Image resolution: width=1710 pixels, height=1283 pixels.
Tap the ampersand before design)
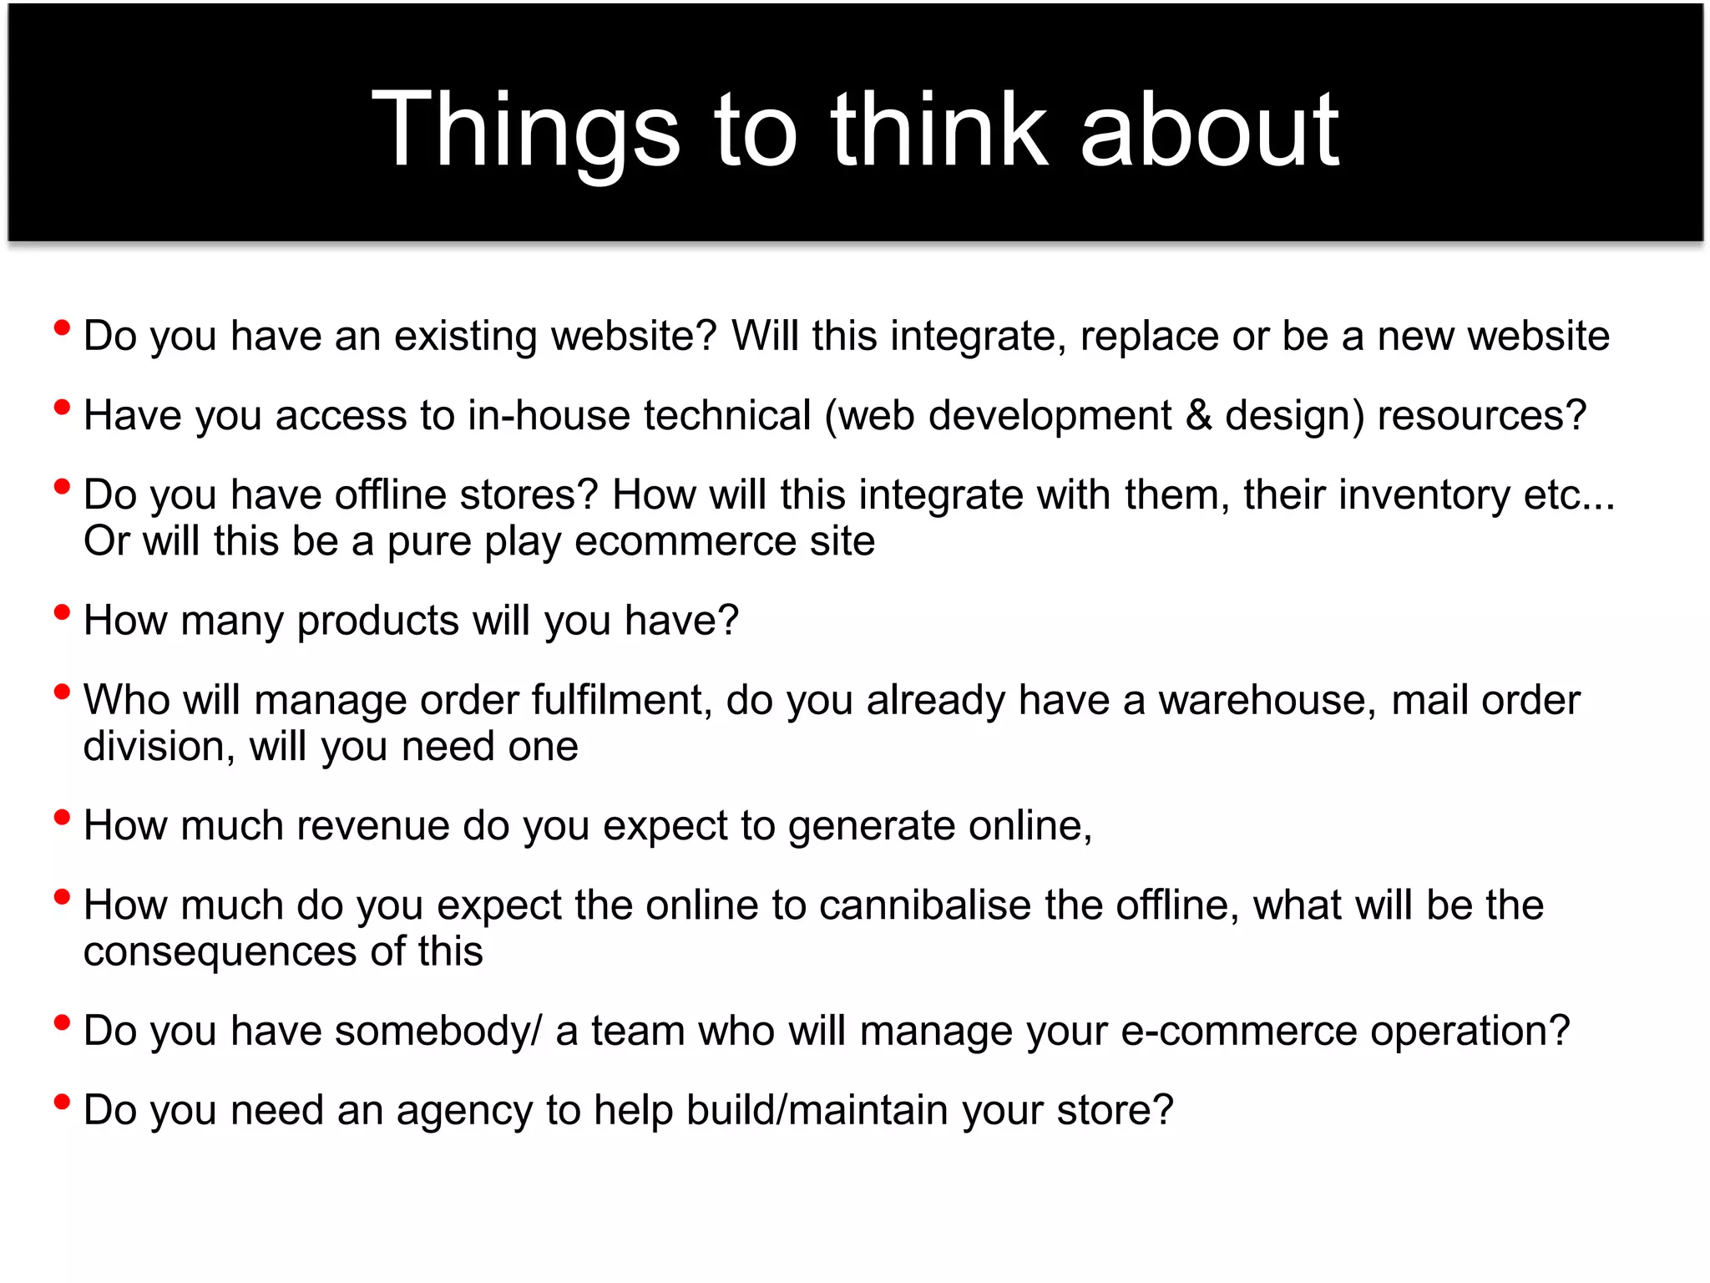(1199, 415)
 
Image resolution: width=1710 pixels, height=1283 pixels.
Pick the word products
(378, 621)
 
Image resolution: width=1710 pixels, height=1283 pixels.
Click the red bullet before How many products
(62, 612)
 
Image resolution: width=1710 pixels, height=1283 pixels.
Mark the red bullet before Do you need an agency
(62, 1102)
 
